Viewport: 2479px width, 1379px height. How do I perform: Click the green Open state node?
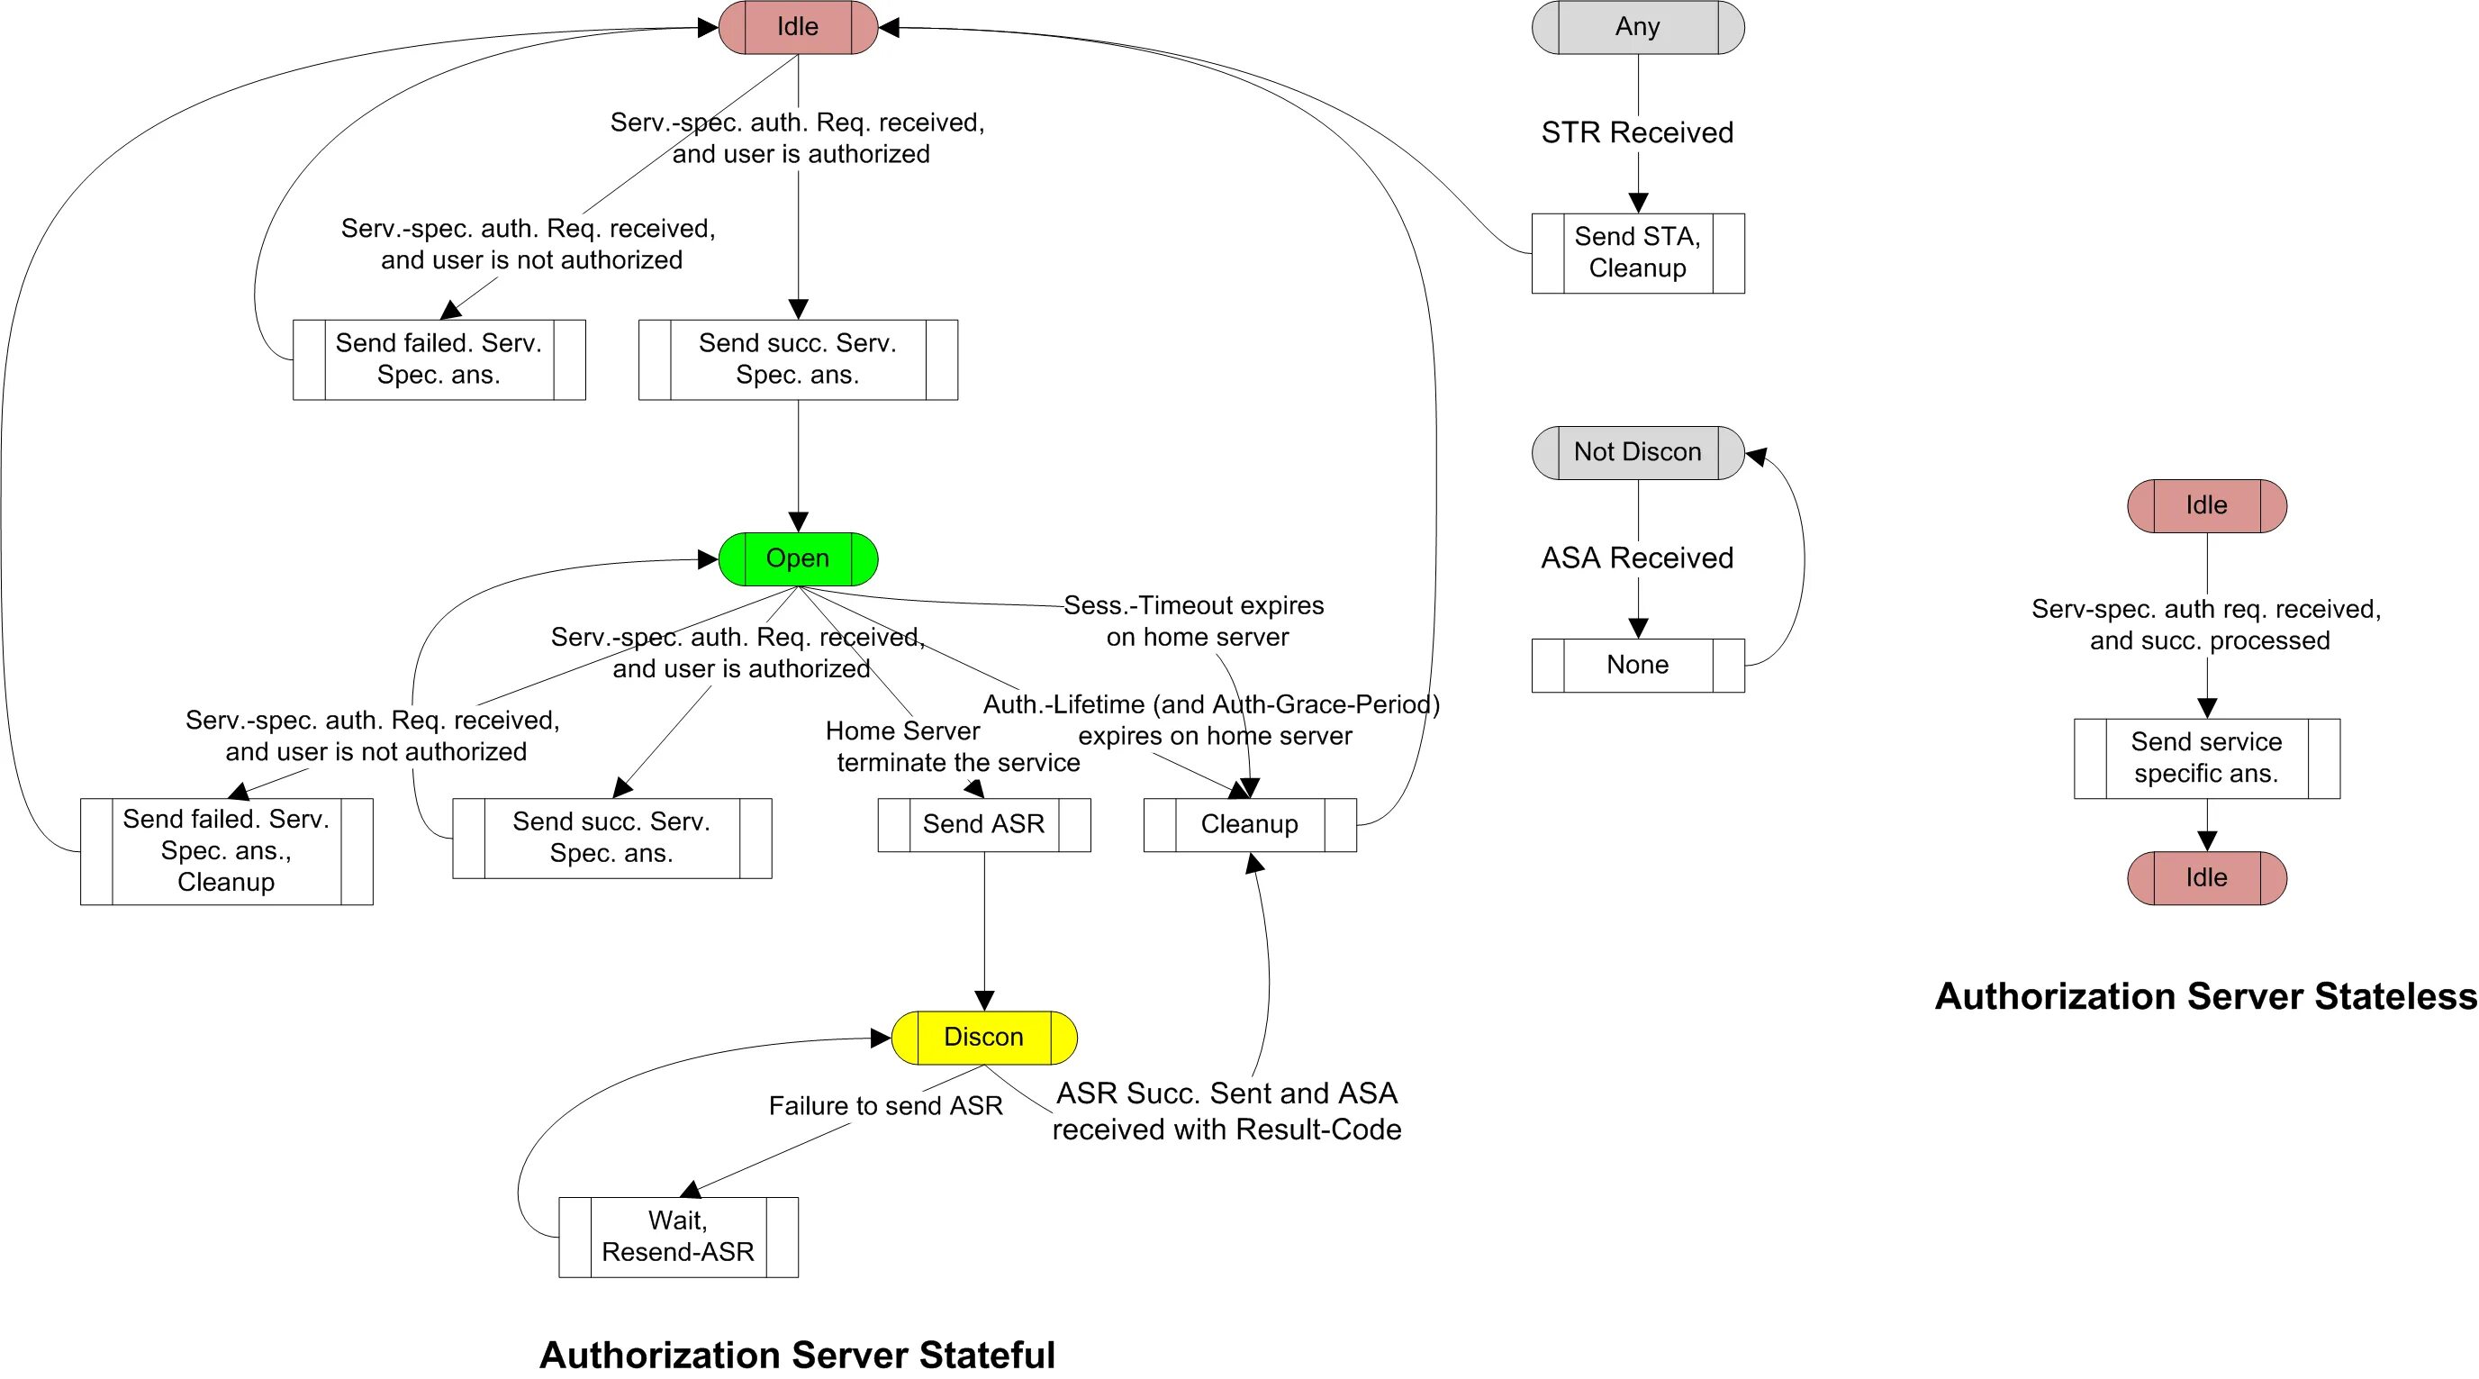(x=798, y=558)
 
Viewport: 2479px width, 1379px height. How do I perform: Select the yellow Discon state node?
(x=983, y=1038)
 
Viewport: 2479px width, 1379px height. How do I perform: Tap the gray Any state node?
(x=1638, y=27)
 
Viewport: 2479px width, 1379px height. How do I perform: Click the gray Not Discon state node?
(x=1638, y=452)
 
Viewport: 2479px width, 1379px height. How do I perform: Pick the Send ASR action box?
(x=983, y=825)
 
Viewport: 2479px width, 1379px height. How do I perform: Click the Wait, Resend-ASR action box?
(x=678, y=1237)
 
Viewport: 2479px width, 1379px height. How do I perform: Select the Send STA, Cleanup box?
(x=1638, y=253)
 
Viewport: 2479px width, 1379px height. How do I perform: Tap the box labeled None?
(x=1638, y=665)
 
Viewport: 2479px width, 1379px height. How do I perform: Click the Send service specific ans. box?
(x=2207, y=758)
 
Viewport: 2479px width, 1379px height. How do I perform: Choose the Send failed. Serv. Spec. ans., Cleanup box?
(x=226, y=850)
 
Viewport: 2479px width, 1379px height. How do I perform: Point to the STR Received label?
(x=1637, y=132)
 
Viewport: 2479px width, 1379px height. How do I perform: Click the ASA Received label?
(x=1637, y=558)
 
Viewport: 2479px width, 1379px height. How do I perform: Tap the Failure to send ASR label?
(x=885, y=1106)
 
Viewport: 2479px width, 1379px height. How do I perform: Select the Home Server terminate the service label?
(x=953, y=747)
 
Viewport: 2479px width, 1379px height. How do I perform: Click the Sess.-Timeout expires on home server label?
(x=1194, y=621)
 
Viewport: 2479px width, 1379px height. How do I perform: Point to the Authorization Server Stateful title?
(x=797, y=1355)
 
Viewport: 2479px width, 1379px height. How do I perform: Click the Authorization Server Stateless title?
(x=2205, y=996)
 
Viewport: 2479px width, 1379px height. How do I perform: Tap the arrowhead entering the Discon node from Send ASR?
(x=983, y=1000)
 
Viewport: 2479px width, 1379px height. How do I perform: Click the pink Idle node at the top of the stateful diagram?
(x=798, y=27)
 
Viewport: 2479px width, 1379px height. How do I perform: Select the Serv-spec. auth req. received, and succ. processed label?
(x=2207, y=624)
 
